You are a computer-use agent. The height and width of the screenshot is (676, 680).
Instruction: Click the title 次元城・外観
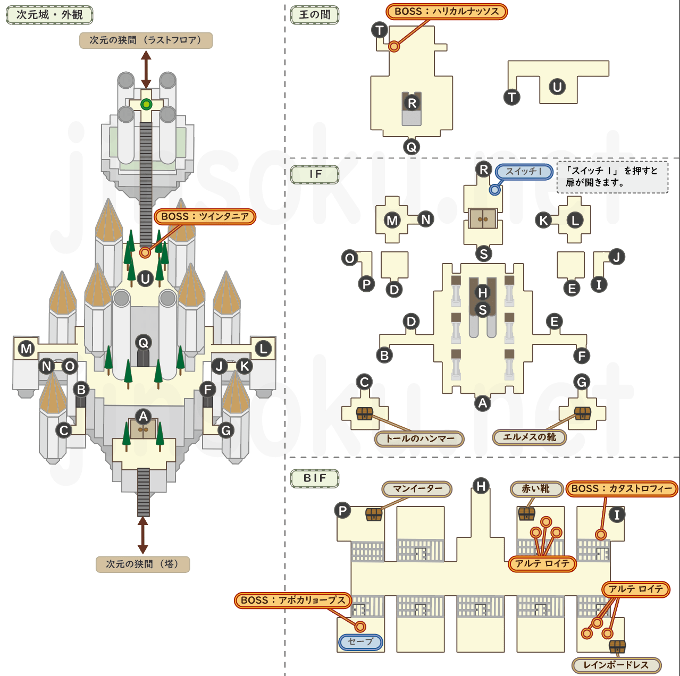pos(49,15)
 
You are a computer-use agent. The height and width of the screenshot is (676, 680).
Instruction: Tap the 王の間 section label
pos(315,15)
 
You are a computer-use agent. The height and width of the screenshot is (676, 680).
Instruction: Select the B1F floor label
pos(315,478)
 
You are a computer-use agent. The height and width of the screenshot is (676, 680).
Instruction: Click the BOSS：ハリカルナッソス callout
pos(447,12)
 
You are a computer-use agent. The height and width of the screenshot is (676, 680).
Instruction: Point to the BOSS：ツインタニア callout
pos(205,217)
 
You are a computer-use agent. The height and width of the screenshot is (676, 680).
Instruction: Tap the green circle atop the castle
pos(146,105)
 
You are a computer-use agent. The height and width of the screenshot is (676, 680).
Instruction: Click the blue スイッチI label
pos(524,172)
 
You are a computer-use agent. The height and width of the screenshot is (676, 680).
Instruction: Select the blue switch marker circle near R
pos(494,189)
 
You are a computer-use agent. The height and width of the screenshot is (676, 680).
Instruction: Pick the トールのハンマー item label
pos(419,439)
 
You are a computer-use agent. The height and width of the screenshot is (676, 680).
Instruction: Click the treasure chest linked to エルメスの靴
pos(583,413)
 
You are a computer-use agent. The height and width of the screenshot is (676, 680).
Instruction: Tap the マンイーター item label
pos(417,489)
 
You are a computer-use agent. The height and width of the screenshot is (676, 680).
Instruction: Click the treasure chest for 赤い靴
pos(526,513)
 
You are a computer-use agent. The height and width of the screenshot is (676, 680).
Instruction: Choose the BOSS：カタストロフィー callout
pos(622,489)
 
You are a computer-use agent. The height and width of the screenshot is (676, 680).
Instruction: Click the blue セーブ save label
pos(360,642)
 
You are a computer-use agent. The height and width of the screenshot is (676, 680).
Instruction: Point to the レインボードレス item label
pos(616,665)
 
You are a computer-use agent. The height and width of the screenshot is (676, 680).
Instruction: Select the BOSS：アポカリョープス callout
pos(293,601)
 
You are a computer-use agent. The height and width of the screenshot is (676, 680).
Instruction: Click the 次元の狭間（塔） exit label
pos(142,564)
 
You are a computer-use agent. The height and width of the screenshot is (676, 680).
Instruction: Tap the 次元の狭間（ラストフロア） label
pos(146,40)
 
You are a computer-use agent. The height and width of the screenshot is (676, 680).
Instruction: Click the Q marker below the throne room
pos(411,147)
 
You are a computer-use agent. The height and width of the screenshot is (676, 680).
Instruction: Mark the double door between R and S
pos(483,218)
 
